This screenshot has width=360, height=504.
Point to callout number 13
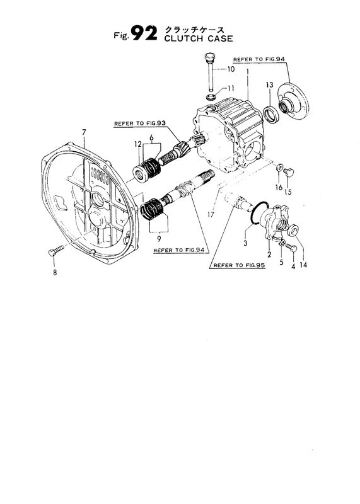coord(269,84)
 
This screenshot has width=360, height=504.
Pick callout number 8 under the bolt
coord(55,273)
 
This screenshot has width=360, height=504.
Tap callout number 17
coord(212,215)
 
